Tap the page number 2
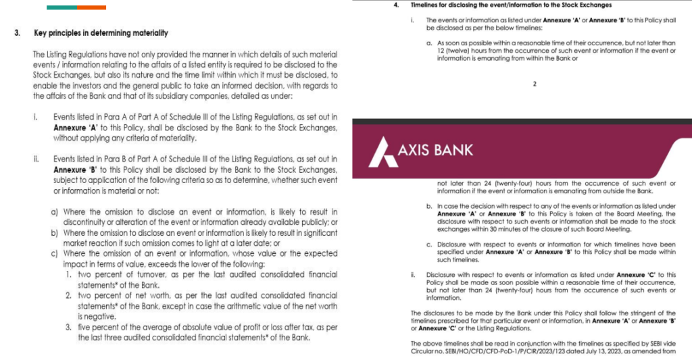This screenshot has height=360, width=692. (x=534, y=84)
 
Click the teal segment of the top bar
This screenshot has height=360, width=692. (x=61, y=7)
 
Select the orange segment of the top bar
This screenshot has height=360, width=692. (x=91, y=7)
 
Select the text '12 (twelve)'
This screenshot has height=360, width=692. (x=451, y=51)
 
